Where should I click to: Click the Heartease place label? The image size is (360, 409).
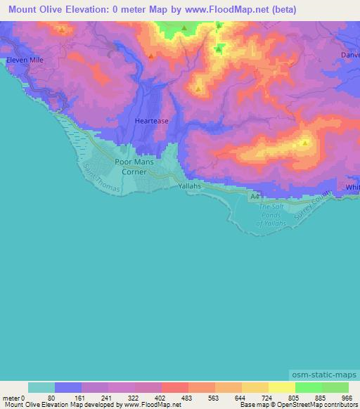tap(151, 121)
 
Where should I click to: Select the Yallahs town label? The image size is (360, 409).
tap(189, 186)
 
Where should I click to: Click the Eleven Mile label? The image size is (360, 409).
tap(25, 60)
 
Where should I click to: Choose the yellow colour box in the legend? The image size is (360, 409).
tap(281, 387)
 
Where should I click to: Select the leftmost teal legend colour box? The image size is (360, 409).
tap(41, 387)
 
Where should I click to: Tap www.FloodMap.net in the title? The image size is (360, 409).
tap(221, 9)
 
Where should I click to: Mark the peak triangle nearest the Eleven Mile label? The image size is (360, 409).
tap(62, 29)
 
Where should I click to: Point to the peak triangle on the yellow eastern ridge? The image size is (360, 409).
tap(304, 143)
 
